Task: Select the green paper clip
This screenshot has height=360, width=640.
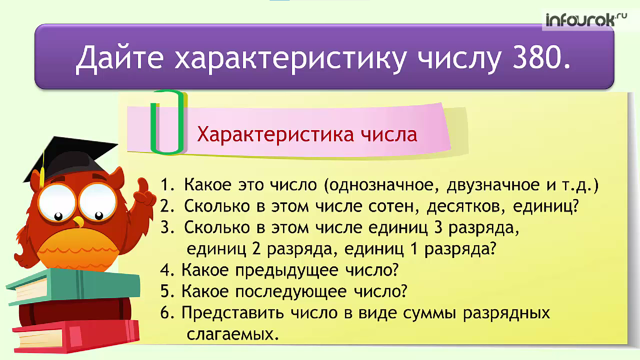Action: point(167,122)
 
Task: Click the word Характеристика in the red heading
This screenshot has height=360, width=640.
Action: point(275,134)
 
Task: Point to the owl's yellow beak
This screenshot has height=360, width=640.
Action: point(79,221)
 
